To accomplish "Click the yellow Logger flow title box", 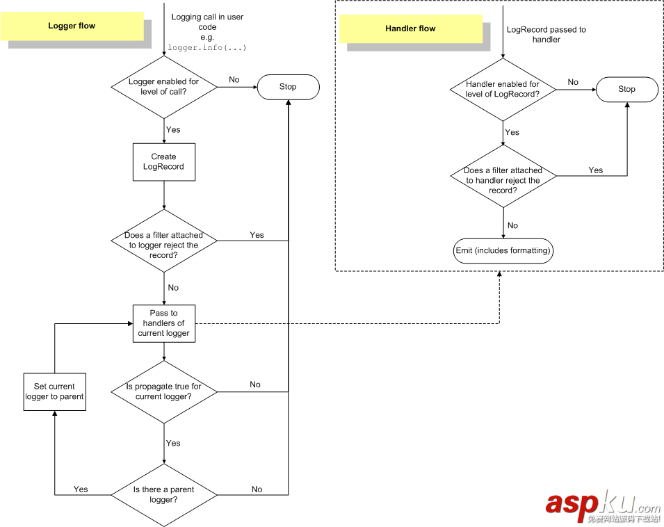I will (72, 26).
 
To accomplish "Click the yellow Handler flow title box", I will (410, 29).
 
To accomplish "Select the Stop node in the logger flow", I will (288, 87).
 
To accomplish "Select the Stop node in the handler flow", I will (626, 89).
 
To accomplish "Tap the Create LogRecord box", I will (163, 162).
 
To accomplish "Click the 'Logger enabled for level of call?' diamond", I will (163, 87).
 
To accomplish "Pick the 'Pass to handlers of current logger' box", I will (163, 323).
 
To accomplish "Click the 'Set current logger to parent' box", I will (54, 391).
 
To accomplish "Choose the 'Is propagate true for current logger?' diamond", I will (163, 391).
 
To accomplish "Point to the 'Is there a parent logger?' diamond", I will (163, 494).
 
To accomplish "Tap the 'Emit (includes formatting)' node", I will (503, 250).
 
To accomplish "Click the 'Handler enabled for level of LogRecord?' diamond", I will (503, 89).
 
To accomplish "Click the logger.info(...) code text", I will (207, 48).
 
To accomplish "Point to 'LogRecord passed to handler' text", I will (546, 35).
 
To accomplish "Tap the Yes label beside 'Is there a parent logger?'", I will (81, 489).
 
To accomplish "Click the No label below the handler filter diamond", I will (512, 225).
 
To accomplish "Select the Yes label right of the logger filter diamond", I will (257, 235).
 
